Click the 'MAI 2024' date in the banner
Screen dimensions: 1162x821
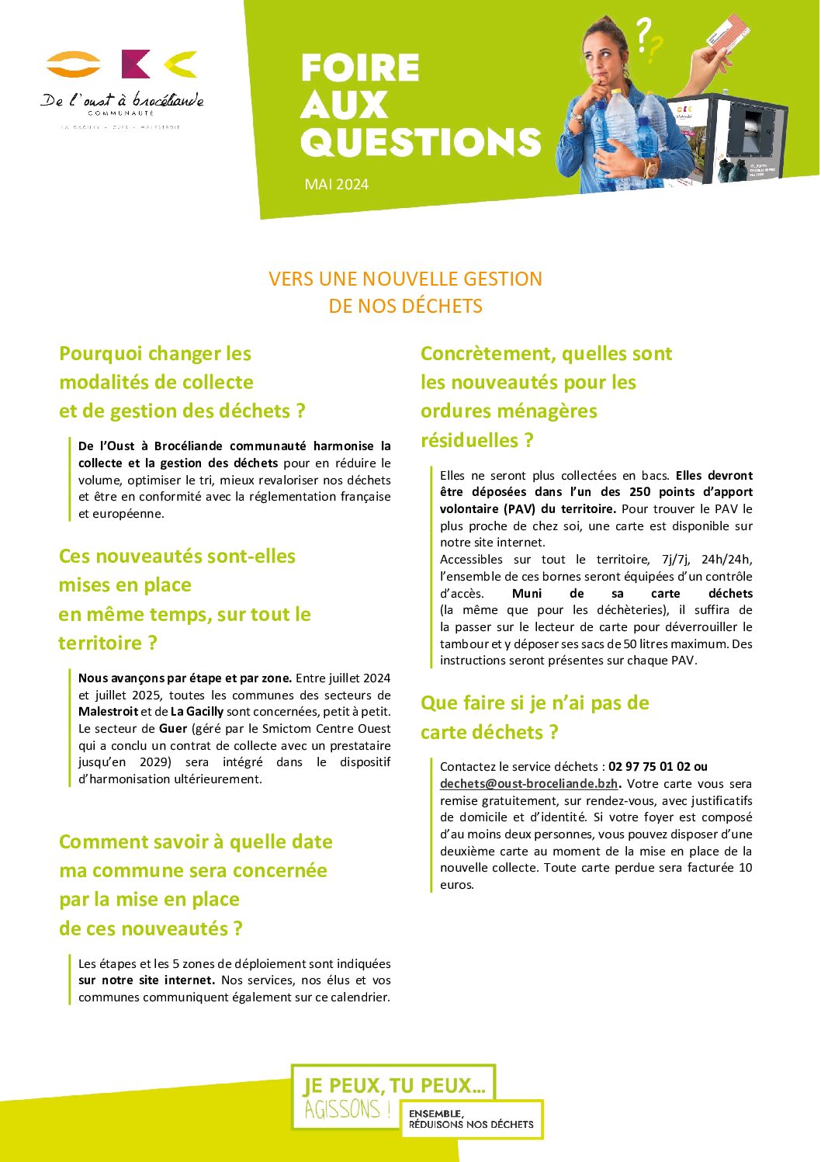pyautogui.click(x=336, y=185)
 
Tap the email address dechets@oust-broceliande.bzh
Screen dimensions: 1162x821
pyautogui.click(x=528, y=784)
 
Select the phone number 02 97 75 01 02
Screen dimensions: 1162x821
pyautogui.click(x=649, y=767)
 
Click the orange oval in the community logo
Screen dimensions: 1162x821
pyautogui.click(x=74, y=64)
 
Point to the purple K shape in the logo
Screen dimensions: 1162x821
pyautogui.click(x=136, y=64)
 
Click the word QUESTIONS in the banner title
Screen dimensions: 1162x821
pyautogui.click(x=420, y=142)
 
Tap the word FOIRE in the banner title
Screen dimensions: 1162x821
pyautogui.click(x=360, y=68)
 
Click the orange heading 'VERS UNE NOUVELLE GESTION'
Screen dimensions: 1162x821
pyautogui.click(x=405, y=279)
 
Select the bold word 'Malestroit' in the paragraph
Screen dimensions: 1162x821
pyautogui.click(x=108, y=712)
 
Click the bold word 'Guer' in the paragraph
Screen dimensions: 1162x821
pyautogui.click(x=173, y=729)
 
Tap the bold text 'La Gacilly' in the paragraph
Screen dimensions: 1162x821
pyautogui.click(x=197, y=712)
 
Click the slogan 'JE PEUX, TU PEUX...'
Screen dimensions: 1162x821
pyautogui.click(x=393, y=1085)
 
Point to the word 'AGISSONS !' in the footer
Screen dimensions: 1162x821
pyautogui.click(x=347, y=1110)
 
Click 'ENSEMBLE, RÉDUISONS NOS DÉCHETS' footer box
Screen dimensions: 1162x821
pyautogui.click(x=471, y=1119)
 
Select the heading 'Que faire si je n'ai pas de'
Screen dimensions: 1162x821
pyautogui.click(x=535, y=703)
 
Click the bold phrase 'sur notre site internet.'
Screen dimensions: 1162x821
pyautogui.click(x=147, y=980)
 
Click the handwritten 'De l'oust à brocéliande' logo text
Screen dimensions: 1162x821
pyautogui.click(x=122, y=101)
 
